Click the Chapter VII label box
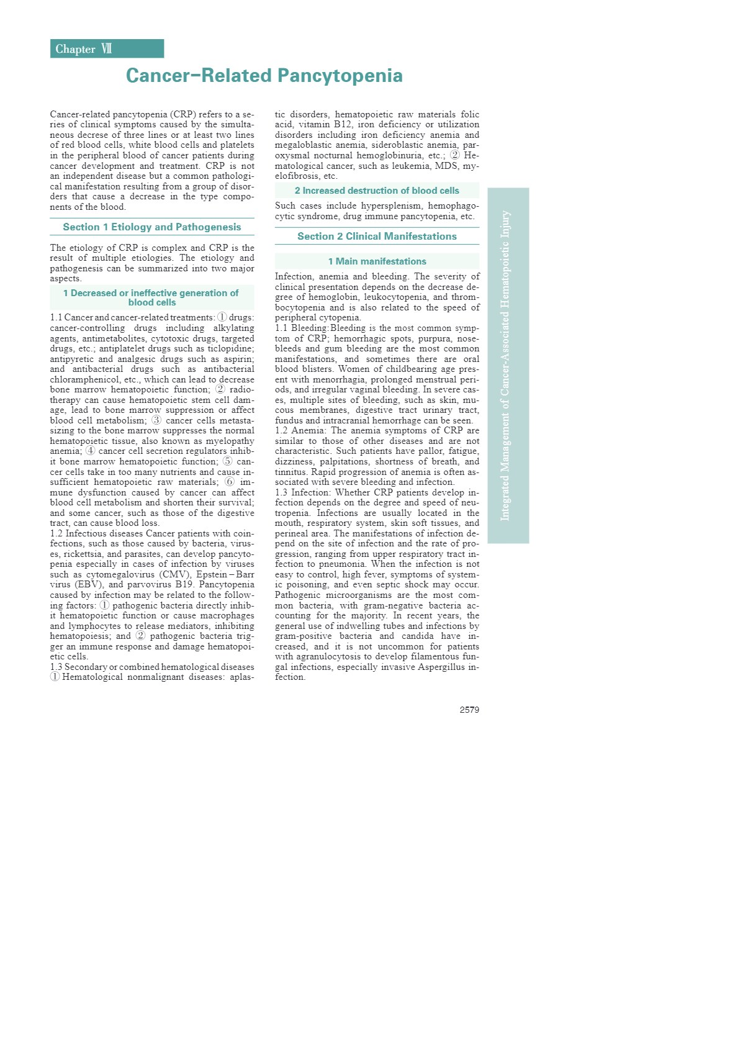pyautogui.click(x=107, y=49)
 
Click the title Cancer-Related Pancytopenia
pyautogui.click(x=264, y=76)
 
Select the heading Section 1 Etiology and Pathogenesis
pyautogui.click(x=152, y=227)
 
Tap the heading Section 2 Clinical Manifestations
pyautogui.click(x=377, y=237)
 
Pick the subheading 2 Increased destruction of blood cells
pyautogui.click(x=377, y=191)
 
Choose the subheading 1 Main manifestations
pyautogui.click(x=377, y=261)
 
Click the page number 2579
pyautogui.click(x=469, y=710)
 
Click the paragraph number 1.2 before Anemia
pyautogui.click(x=281, y=430)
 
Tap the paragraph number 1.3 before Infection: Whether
pyautogui.click(x=281, y=492)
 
